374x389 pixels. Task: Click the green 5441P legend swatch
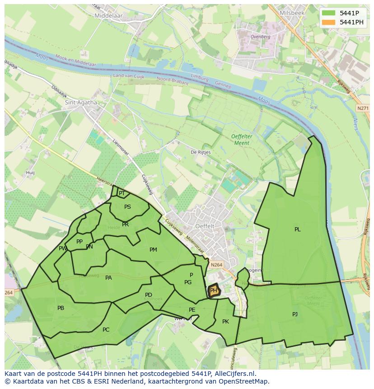(328, 13)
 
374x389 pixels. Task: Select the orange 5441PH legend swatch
(328, 22)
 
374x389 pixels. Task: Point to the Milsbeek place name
(292, 13)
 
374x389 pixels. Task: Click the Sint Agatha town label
(81, 102)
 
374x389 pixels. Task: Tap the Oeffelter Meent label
(240, 140)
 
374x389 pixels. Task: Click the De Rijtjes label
(201, 152)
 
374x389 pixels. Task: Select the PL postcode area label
(297, 230)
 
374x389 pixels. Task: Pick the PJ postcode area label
(295, 314)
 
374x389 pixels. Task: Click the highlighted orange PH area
(214, 291)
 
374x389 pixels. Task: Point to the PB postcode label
(61, 308)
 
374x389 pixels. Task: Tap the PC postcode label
(106, 330)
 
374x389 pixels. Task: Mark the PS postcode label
(127, 207)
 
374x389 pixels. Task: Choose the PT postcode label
(122, 193)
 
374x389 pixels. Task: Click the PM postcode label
(153, 250)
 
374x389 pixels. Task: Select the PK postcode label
(225, 322)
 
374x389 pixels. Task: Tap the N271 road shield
(362, 108)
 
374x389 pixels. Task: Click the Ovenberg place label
(260, 37)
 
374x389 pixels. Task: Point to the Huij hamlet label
(30, 173)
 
